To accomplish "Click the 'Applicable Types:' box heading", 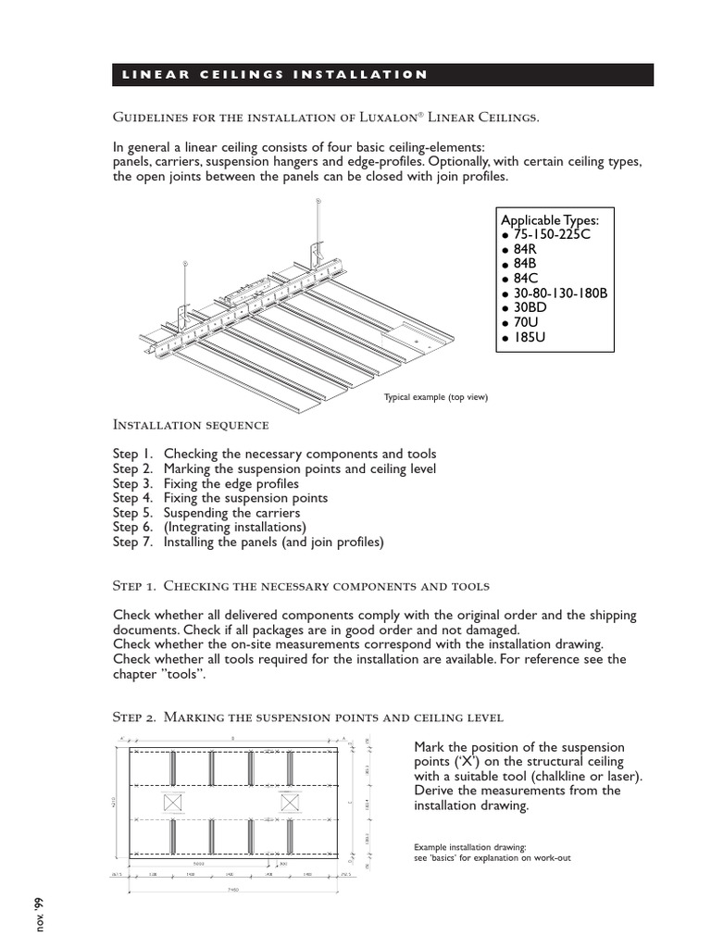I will point(550,220).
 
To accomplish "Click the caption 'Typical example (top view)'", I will point(435,397).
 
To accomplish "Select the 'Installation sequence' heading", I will point(191,425).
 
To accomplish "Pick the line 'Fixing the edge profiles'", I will point(231,483).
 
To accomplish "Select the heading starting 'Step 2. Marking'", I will point(307,717).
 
